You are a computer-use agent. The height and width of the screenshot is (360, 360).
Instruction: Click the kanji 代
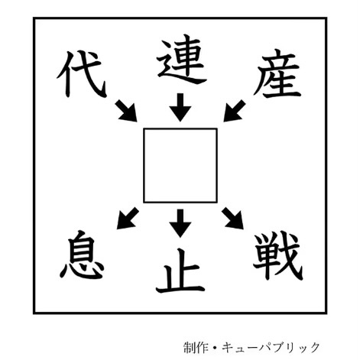click(x=81, y=74)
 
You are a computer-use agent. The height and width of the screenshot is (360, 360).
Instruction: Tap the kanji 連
click(x=181, y=59)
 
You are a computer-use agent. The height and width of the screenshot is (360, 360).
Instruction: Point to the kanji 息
click(x=82, y=255)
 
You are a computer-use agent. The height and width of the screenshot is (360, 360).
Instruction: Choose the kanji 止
click(x=180, y=271)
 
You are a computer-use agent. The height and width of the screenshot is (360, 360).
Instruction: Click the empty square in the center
click(x=180, y=166)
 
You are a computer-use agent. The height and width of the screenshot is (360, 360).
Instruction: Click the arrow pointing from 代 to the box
click(x=126, y=111)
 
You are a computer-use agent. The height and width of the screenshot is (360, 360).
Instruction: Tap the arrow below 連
click(x=180, y=107)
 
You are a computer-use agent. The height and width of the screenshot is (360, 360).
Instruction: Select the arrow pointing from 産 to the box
click(x=235, y=111)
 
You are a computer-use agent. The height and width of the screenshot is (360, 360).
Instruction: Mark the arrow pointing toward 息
click(x=128, y=218)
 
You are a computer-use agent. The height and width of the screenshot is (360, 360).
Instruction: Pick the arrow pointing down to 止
click(x=180, y=223)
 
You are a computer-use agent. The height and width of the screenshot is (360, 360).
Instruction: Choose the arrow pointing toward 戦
click(x=233, y=218)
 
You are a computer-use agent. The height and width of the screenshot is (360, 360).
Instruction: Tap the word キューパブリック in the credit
click(x=271, y=348)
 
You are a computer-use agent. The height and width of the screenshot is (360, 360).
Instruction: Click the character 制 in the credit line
click(x=190, y=348)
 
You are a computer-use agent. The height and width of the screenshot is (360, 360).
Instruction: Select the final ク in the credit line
click(x=314, y=348)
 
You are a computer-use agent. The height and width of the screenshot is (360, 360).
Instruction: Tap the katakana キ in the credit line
click(x=228, y=348)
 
